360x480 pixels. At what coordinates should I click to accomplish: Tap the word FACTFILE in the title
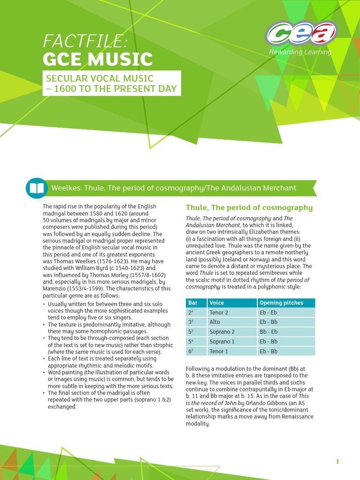85,42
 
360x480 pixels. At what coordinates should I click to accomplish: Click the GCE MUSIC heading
97,60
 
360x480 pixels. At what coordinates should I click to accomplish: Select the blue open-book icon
36,188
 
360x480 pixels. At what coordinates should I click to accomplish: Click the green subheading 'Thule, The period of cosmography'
249,208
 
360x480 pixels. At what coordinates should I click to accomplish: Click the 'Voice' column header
217,303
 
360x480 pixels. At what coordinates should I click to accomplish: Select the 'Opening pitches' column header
281,303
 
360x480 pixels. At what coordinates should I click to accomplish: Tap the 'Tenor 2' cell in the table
219,313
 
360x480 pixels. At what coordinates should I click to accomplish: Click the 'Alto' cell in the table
215,322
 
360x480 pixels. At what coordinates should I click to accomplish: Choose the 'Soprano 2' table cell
222,332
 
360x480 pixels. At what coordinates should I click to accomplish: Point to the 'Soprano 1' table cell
222,342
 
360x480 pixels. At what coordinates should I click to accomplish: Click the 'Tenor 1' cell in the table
219,351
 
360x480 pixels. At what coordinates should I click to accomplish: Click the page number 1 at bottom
337,462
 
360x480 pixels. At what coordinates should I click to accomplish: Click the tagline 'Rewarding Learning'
300,52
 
